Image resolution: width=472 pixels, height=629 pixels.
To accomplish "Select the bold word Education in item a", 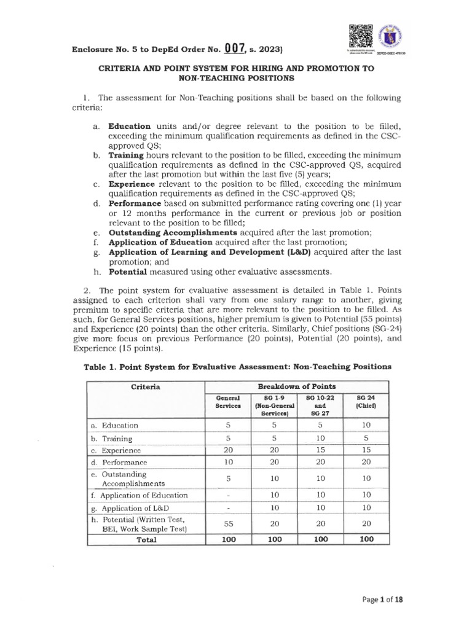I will pos(130,126).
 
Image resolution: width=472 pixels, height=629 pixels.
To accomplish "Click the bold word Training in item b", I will pos(127,156).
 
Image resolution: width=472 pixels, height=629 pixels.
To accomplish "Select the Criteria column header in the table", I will pos(145,387).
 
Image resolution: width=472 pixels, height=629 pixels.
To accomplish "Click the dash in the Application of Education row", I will pos(227,495).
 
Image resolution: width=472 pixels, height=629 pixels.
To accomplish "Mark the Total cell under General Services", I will pos(227,540).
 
